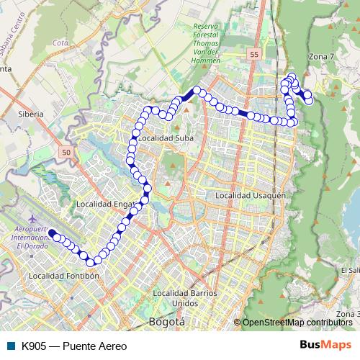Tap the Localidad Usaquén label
click(251, 195)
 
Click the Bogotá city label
click(166, 321)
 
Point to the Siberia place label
click(30, 114)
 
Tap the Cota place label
click(60, 42)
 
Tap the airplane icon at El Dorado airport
click(32, 217)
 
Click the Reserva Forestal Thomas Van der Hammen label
click(206, 43)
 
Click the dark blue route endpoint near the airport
click(52, 233)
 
